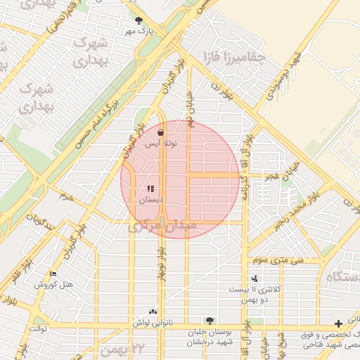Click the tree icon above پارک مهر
139,21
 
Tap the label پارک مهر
139,31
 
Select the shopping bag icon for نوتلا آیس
161,132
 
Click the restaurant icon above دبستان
150,188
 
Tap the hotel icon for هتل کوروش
53,274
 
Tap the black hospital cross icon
339,323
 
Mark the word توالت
38,328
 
